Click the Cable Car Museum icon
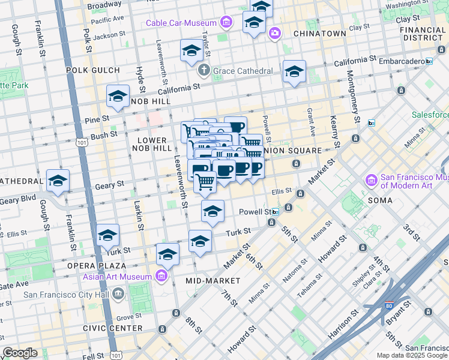click(x=226, y=23)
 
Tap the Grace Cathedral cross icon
click(x=205, y=71)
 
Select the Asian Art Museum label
click(x=119, y=277)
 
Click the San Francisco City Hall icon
click(x=118, y=294)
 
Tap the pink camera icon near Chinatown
click(x=274, y=32)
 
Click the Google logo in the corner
click(x=20, y=353)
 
